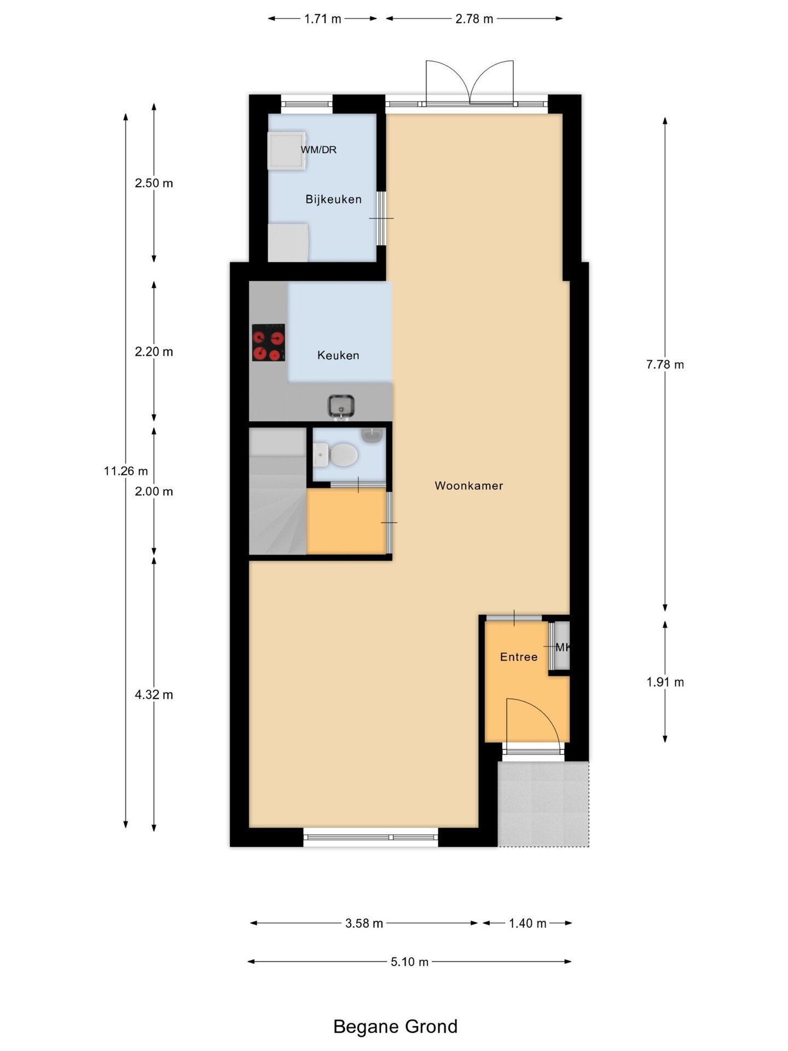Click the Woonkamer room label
tap(468, 486)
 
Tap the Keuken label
tap(338, 355)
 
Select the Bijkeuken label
tap(333, 199)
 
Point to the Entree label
tap(519, 657)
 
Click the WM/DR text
tap(318, 149)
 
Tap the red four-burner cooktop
tap(268, 343)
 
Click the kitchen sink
tap(341, 406)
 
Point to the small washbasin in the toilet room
tap(372, 435)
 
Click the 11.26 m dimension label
tap(126, 471)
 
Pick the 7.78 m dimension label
tap(665, 365)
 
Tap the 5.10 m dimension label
tap(409, 962)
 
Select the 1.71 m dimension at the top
tap(322, 19)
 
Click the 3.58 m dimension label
tap(364, 923)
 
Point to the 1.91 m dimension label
tap(665, 682)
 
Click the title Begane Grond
tap(395, 1026)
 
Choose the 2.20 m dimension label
tap(154, 351)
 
